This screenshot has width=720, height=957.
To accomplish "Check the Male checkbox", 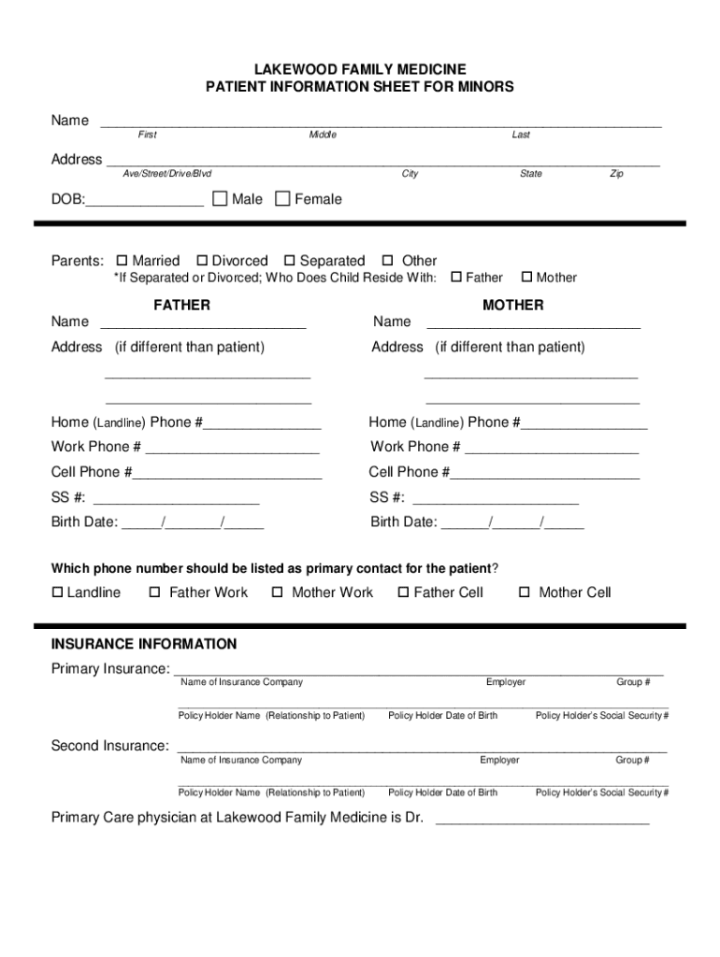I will (x=221, y=198).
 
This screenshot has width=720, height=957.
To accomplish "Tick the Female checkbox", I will (x=283, y=198).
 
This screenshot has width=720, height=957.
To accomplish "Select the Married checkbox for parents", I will (x=122, y=261).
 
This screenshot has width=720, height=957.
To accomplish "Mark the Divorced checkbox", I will (x=201, y=261).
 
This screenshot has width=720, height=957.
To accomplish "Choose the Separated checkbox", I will (x=290, y=261).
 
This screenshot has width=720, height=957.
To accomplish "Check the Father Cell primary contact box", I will (x=404, y=593).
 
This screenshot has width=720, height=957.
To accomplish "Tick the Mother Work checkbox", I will (x=278, y=593).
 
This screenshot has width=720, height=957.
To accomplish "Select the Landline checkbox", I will (x=57, y=593).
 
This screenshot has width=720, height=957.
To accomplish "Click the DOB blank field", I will (x=145, y=199).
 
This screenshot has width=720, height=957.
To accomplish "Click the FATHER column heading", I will (x=181, y=305).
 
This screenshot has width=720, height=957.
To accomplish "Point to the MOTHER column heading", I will (x=512, y=305).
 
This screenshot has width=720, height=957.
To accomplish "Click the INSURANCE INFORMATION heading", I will (x=144, y=644).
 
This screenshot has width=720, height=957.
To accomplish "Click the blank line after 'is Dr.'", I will (x=542, y=819).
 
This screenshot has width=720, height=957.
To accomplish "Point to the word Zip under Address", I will (x=616, y=174).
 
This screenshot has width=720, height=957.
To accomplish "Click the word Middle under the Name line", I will (x=323, y=135).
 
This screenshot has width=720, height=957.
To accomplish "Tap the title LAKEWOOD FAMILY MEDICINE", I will (x=360, y=70).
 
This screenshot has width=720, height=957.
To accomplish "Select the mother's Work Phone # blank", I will (x=552, y=448).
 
